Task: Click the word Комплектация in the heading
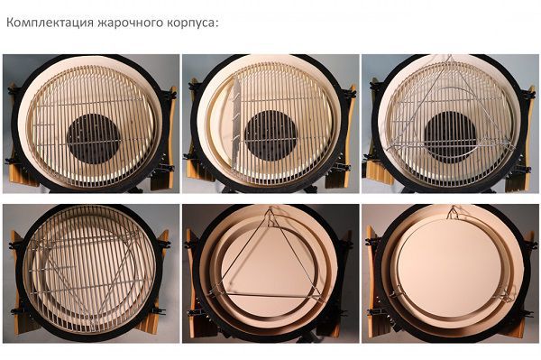click(x=50, y=23)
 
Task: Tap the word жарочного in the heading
click(x=131, y=23)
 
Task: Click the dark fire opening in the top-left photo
click(x=94, y=139)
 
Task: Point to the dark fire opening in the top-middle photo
click(x=270, y=135)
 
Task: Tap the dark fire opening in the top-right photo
click(x=450, y=137)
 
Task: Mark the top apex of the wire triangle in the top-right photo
click(x=450, y=56)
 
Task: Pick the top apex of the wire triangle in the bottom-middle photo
click(x=270, y=210)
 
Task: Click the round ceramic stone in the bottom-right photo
click(x=449, y=268)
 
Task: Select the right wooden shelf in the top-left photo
click(x=167, y=138)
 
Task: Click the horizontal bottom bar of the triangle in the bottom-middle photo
click(x=266, y=296)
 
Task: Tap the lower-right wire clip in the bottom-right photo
click(x=506, y=296)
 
